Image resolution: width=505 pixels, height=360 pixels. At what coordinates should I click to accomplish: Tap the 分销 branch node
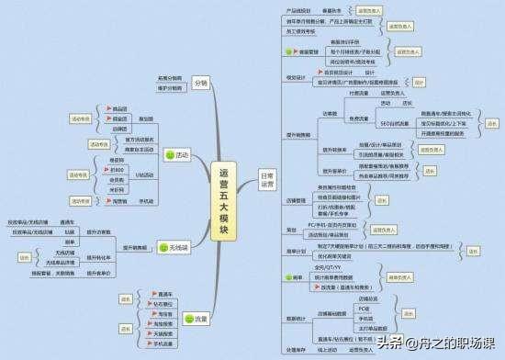[x=200, y=84]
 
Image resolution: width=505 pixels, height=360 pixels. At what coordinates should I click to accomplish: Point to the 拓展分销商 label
[x=170, y=78]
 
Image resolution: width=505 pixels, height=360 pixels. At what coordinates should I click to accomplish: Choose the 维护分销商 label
[x=170, y=88]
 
